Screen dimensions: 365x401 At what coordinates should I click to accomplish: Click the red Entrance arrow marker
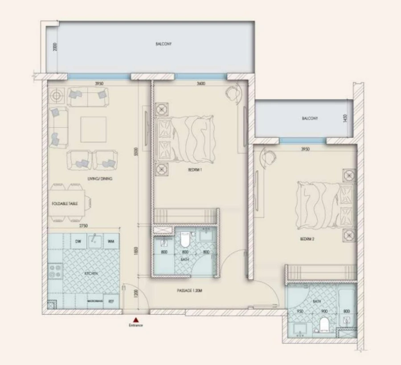tap(136, 320)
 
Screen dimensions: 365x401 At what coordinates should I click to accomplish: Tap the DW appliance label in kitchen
tap(78, 241)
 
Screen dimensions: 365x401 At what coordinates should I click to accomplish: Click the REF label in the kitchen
tap(111, 301)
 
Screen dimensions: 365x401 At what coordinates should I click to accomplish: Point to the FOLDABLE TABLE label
tap(65, 203)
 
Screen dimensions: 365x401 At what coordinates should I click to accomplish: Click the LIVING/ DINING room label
tap(100, 179)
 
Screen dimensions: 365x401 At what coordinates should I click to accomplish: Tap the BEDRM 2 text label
tap(307, 239)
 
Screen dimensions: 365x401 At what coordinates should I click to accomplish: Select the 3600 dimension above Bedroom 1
tap(200, 84)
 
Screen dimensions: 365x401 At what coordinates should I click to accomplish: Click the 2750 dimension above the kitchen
tap(82, 226)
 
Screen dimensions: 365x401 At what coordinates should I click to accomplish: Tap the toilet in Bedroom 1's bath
tap(185, 241)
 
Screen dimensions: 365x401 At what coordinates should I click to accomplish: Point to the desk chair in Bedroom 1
tap(232, 93)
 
